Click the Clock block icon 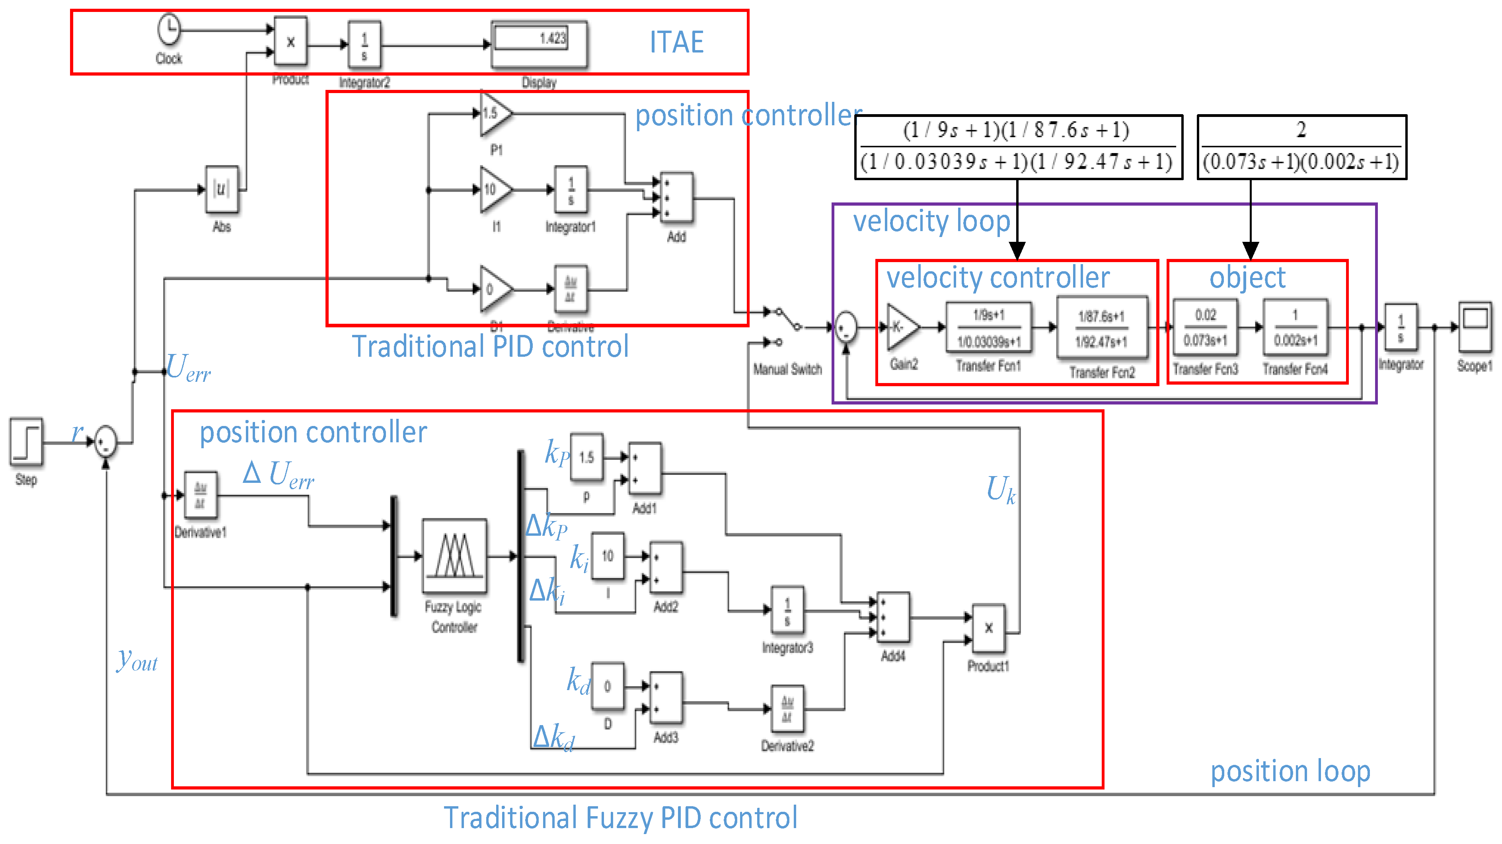click(169, 29)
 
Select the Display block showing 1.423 click(539, 44)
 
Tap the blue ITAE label click(676, 42)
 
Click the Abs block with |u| click(222, 189)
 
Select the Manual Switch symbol click(787, 327)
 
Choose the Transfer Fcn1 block click(988, 328)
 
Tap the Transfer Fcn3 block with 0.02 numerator click(1205, 328)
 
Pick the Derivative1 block click(201, 496)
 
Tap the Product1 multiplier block click(988, 628)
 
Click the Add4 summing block click(893, 618)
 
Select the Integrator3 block click(787, 610)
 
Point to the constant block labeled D click(608, 686)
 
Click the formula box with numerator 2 click(1301, 147)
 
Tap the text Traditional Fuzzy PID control click(620, 817)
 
